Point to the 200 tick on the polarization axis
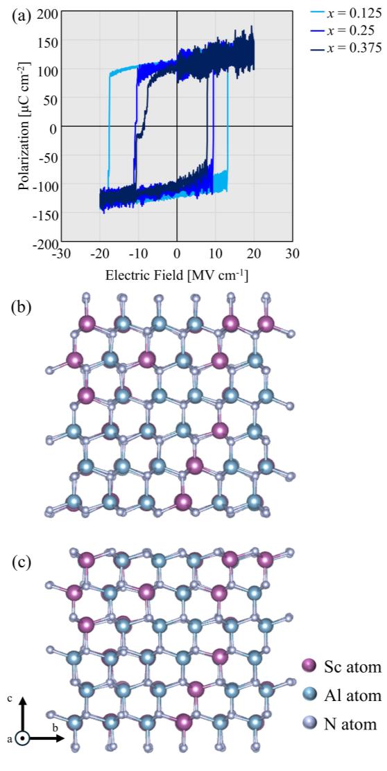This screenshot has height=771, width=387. click(46, 12)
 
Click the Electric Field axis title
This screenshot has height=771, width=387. click(177, 275)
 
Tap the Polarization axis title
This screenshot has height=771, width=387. click(24, 128)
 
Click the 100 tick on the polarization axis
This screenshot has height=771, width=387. click(46, 70)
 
